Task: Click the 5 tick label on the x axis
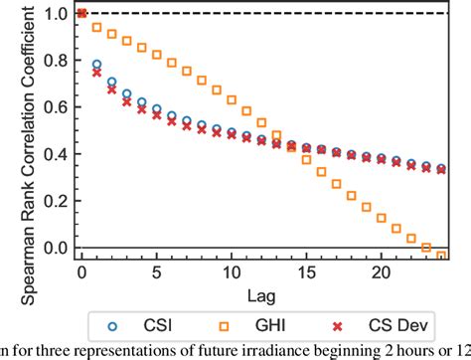point(156,271)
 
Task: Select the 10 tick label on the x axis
point(232,271)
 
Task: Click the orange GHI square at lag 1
point(96,27)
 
